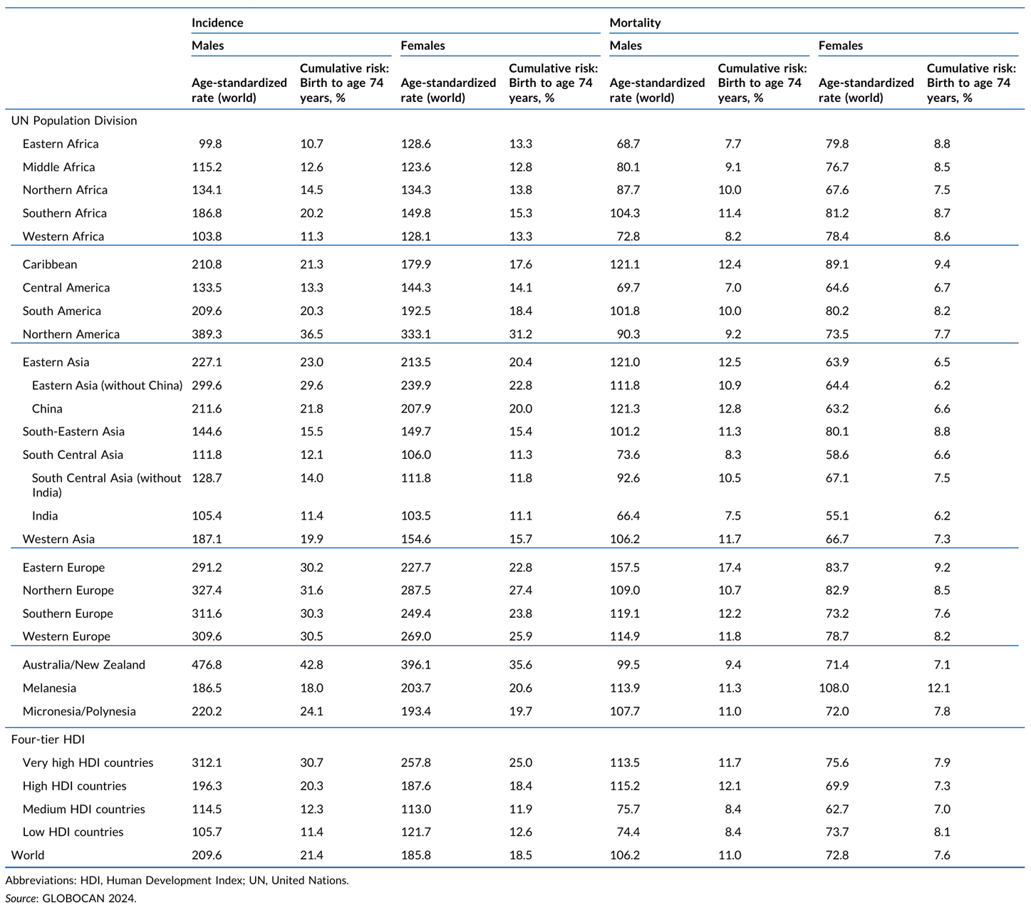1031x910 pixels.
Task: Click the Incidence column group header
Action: pos(217,23)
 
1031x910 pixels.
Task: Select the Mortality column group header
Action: pos(635,23)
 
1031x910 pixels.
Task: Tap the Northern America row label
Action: pos(71,334)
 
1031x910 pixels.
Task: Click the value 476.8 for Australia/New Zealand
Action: pos(207,665)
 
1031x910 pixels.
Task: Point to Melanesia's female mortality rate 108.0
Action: pos(834,688)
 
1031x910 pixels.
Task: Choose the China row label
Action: pos(47,409)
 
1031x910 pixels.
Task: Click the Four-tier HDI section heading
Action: pos(48,740)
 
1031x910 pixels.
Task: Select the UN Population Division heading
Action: pos(74,120)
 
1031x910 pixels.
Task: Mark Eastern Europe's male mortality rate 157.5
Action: pos(625,567)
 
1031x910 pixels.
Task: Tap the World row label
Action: pos(28,855)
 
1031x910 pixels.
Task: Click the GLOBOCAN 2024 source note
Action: pos(71,899)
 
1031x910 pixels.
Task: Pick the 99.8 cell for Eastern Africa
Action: pos(210,144)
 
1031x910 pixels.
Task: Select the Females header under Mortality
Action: pos(840,46)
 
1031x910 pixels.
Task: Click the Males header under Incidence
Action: pos(207,46)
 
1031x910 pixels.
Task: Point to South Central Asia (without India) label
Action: pos(106,485)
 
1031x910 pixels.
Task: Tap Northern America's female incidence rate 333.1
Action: pos(416,334)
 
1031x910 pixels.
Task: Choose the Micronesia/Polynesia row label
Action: pos(79,711)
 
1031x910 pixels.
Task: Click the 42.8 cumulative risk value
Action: pos(311,665)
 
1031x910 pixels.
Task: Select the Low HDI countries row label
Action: pos(73,832)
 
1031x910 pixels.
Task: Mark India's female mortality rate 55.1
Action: pos(837,516)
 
